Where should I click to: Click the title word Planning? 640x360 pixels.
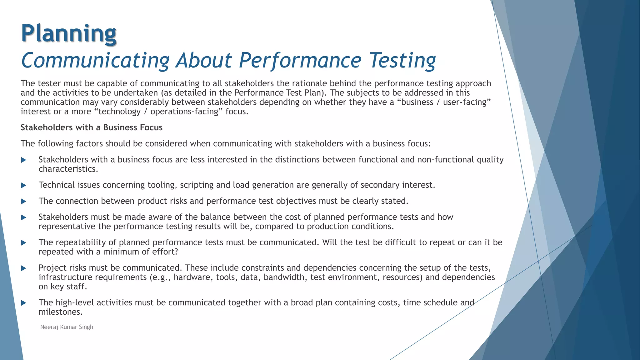click(x=69, y=34)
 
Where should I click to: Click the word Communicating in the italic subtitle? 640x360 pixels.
click(x=95, y=60)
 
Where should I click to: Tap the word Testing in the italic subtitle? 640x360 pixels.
click(x=402, y=60)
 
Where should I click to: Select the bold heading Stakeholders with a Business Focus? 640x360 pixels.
click(x=92, y=127)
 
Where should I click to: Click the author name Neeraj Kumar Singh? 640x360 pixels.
click(x=67, y=327)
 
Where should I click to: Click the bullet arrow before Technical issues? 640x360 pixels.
click(x=23, y=185)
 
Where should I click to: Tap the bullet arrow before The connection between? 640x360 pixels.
click(x=23, y=201)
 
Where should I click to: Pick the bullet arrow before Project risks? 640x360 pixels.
click(x=23, y=268)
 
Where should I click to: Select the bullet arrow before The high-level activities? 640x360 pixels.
click(x=23, y=303)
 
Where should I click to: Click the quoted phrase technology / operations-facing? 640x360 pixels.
click(x=158, y=112)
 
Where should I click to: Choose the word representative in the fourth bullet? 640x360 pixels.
click(x=67, y=226)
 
